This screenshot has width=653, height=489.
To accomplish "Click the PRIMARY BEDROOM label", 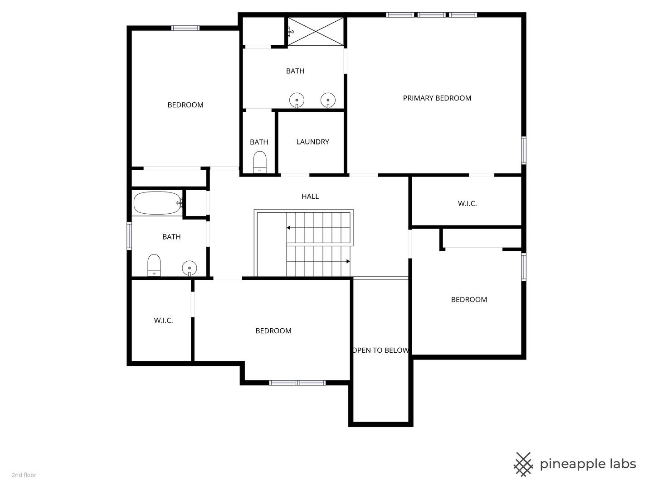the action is point(437,98).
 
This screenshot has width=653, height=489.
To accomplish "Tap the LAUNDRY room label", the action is point(312,142).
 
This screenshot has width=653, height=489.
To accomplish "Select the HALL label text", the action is point(310,196).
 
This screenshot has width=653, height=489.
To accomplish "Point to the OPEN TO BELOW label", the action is point(380,350).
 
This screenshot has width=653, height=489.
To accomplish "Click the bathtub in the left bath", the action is point(157,203).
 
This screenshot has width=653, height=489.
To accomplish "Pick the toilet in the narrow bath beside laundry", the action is point(260,162).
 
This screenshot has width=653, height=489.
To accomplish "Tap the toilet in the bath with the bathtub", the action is point(154,265).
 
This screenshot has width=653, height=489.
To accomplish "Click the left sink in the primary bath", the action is point(297,101).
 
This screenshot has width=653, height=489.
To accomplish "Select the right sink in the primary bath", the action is point(328,101).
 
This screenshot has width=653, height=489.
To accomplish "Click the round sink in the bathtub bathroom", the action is point(189,268).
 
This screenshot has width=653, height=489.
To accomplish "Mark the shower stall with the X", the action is point(316,32).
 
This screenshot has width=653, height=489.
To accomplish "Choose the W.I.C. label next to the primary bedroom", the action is point(467,204).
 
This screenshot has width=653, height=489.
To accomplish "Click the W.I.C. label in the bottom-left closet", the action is point(163,321).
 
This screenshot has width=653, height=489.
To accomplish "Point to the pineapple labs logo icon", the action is point(523,465).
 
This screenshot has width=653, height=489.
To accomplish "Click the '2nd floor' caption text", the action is point(24,475).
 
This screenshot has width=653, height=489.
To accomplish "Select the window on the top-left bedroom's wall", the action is point(185,28).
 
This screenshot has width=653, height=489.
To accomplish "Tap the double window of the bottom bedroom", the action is point(297,383).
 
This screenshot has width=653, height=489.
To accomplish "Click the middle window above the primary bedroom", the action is point(431,15).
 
